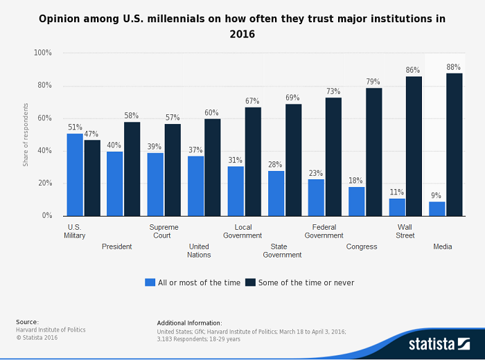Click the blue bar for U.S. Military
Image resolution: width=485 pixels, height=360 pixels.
[75, 174]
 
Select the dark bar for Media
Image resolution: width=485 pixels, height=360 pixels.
[455, 145]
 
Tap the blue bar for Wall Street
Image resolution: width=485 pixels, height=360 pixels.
[397, 207]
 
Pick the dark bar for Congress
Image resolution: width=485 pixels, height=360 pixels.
[374, 152]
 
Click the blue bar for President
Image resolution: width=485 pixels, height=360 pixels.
[115, 183]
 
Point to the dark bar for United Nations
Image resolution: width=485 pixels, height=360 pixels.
[213, 167]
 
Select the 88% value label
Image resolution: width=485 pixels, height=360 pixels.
[455, 67]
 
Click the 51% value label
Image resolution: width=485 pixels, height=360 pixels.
[75, 127]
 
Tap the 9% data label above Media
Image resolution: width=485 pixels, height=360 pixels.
[437, 196]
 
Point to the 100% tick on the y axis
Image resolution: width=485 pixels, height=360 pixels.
[43, 53]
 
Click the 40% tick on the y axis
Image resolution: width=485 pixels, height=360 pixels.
[44, 151]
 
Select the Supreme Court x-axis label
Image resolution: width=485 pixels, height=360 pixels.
[164, 231]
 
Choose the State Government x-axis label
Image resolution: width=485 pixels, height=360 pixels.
[282, 251]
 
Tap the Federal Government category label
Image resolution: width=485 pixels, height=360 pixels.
[324, 231]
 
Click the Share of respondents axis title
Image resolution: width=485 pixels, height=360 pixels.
[26, 134]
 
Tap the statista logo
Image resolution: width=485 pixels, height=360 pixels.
[437, 343]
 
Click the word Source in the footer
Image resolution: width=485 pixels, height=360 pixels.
[28, 323]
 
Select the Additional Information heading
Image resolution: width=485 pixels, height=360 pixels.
[189, 323]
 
